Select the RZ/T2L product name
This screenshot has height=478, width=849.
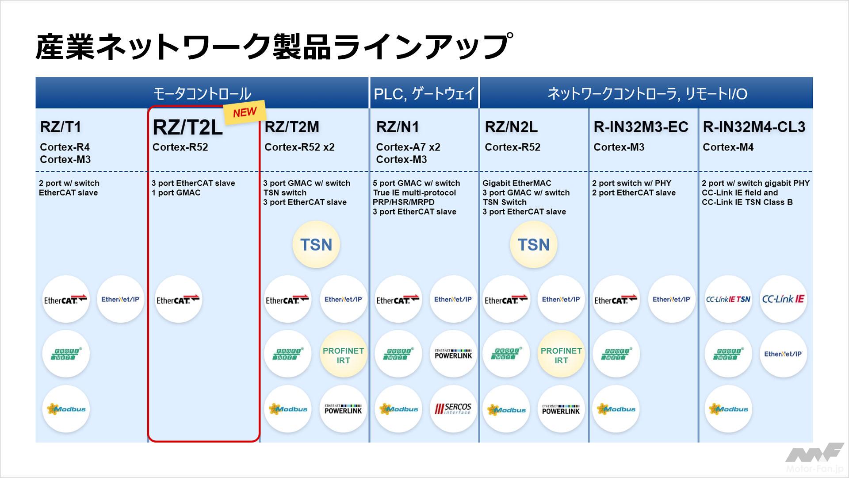[x=187, y=127]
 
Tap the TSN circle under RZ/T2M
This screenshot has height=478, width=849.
[x=316, y=245]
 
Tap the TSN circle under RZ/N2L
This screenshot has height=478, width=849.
[x=533, y=245]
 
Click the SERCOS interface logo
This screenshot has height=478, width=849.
[x=453, y=409]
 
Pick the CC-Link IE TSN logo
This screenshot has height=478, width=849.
[x=728, y=299]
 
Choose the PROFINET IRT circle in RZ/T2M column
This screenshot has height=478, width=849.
[x=343, y=355]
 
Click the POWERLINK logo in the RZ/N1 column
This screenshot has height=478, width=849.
[x=453, y=354]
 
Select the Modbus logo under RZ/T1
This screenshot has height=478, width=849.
[x=66, y=409]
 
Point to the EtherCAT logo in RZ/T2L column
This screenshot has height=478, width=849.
[x=178, y=300]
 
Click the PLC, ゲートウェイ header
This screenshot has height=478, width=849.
[x=424, y=94]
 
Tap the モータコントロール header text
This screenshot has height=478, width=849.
[x=202, y=94]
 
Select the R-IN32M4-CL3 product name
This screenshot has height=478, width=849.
[x=754, y=127]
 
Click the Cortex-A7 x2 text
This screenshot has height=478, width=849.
[x=408, y=147]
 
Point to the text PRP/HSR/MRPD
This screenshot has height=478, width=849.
[x=403, y=202]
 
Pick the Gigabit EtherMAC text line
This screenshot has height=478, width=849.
[x=516, y=183]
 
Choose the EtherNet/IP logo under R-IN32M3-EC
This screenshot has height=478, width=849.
[x=671, y=299]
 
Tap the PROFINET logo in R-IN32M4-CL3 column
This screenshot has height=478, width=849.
[x=728, y=354]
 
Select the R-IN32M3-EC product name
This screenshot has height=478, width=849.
[x=641, y=127]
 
